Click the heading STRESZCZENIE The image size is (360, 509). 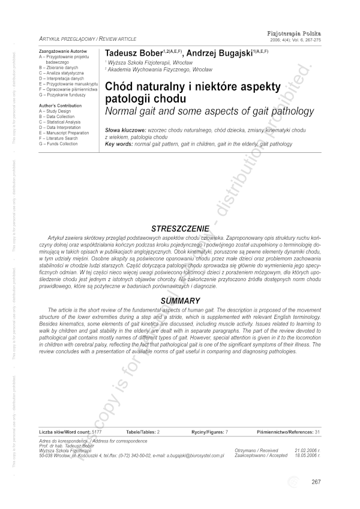click(180, 228)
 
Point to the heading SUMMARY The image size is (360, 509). click(180, 300)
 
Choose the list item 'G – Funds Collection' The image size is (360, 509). click(58, 144)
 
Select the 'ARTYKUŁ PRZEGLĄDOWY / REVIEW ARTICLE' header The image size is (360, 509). click(87, 38)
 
